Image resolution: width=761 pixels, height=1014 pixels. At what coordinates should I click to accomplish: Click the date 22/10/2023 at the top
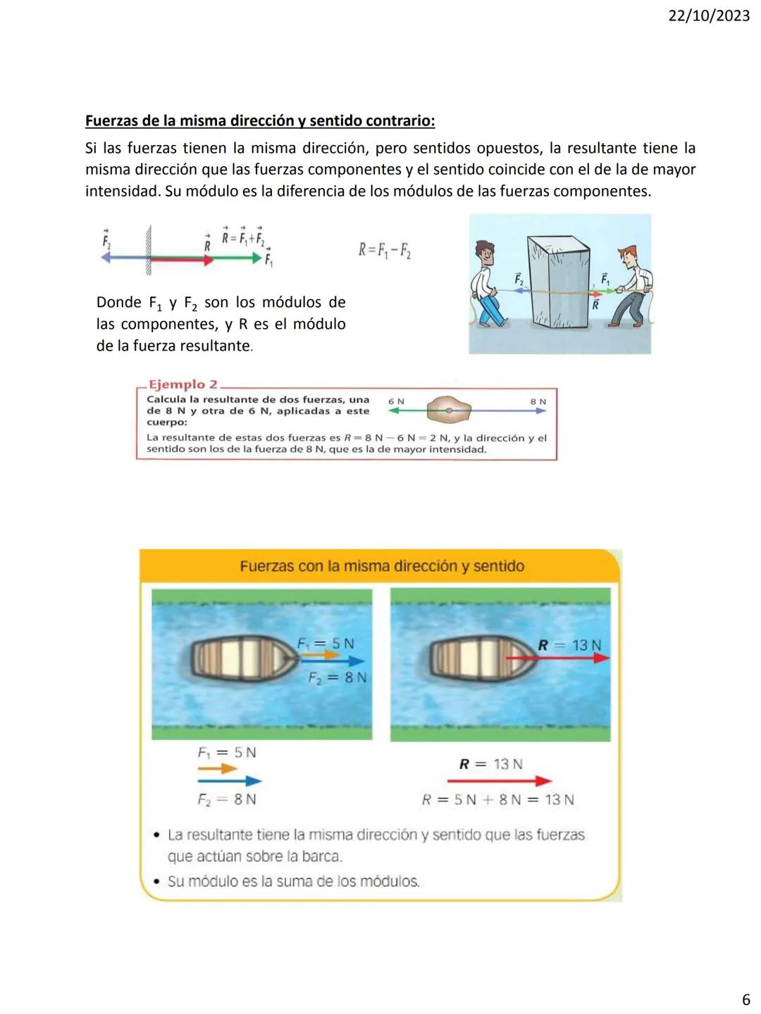pyautogui.click(x=708, y=15)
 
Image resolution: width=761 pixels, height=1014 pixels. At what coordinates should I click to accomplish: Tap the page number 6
pyautogui.click(x=746, y=999)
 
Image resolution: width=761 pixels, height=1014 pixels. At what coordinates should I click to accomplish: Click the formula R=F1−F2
pyautogui.click(x=385, y=250)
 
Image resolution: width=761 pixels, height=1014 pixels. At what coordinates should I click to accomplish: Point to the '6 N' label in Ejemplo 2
pyautogui.click(x=396, y=401)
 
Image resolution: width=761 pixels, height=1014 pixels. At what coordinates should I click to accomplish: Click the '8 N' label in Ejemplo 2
pyautogui.click(x=538, y=401)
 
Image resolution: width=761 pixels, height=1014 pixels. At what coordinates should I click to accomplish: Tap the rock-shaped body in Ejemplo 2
pyautogui.click(x=448, y=409)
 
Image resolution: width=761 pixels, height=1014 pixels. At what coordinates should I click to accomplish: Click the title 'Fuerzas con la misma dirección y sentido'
pyautogui.click(x=382, y=566)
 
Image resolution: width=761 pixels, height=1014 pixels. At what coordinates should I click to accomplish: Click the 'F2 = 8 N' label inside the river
pyautogui.click(x=338, y=677)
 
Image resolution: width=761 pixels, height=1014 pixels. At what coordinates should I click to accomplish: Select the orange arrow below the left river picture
pyautogui.click(x=217, y=768)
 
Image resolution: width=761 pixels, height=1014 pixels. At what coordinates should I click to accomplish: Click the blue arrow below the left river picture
pyautogui.click(x=230, y=781)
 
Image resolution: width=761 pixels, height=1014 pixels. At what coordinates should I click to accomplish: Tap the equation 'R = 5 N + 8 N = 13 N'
pyautogui.click(x=497, y=800)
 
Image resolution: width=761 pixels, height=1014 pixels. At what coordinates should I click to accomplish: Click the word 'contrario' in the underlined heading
pyautogui.click(x=401, y=120)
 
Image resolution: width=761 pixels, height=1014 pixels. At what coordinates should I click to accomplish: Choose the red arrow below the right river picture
pyautogui.click(x=499, y=781)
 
